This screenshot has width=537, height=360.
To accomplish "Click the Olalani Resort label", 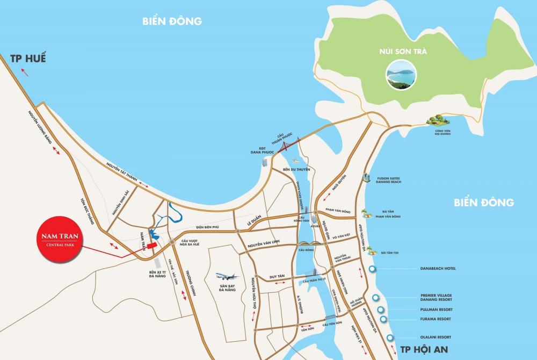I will click(x=436, y=337).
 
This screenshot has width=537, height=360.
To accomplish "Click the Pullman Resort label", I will click(x=437, y=310).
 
